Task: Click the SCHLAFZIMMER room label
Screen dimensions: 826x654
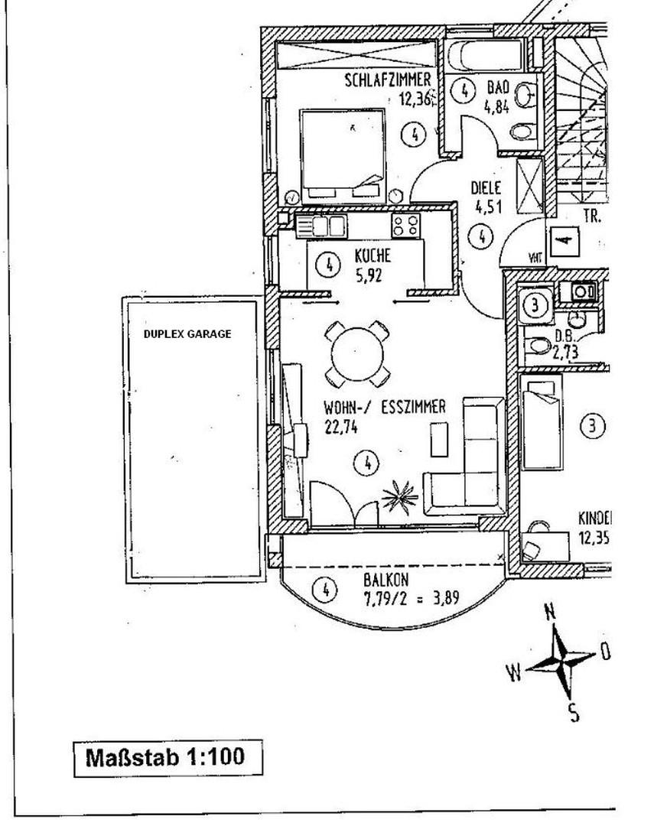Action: point(388,80)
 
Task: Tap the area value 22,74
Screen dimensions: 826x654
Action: point(342,429)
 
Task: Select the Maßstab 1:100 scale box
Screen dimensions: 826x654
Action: point(165,757)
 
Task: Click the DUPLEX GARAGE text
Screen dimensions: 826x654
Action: point(187,334)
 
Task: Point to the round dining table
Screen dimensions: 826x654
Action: point(356,353)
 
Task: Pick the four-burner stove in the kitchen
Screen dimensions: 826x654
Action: point(405,225)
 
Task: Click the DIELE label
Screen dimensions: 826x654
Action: point(485,187)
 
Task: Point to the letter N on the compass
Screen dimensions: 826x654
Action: point(549,612)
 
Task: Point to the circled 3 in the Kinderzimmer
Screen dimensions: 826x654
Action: point(592,425)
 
